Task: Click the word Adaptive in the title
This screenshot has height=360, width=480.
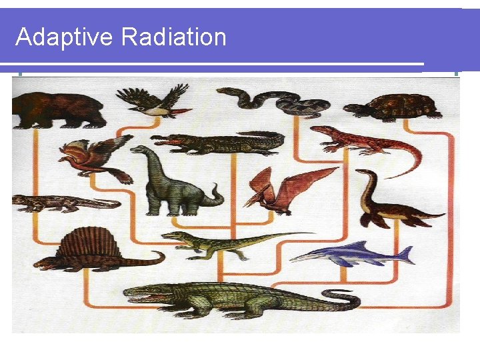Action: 64,37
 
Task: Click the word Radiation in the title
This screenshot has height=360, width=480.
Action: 174,37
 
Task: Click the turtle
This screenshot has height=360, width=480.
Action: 398,107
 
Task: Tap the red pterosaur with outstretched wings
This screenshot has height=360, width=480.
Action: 287,187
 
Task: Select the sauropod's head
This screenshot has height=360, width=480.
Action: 136,150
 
